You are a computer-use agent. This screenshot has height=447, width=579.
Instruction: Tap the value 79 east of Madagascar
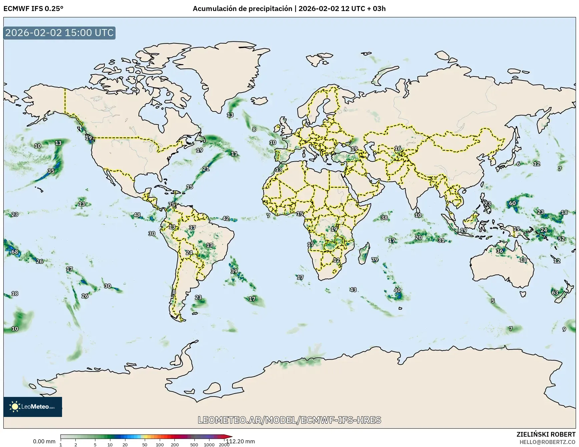[x=375, y=259]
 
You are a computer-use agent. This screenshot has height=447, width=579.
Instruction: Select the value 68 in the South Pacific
[x=15, y=252]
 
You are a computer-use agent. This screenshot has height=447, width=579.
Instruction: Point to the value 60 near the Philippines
[x=512, y=203]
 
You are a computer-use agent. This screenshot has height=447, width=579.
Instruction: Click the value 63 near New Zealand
[x=555, y=292]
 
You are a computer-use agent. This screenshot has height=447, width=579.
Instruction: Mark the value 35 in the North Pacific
[x=51, y=171]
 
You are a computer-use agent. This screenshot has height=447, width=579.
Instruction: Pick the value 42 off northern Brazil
[x=226, y=218]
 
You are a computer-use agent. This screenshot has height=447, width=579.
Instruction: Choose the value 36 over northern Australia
[x=499, y=251]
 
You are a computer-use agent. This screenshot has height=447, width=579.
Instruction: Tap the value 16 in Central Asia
[x=398, y=148]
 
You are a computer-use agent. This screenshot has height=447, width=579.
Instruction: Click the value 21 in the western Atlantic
[x=206, y=169]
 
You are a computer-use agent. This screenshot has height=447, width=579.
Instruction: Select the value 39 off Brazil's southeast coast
[x=234, y=271]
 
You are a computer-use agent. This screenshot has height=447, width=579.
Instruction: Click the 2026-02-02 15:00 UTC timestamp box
[x=59, y=33]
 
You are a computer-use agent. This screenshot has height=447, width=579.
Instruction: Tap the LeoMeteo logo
[x=33, y=407]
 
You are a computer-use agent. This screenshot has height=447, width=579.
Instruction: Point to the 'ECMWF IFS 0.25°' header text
[x=33, y=9]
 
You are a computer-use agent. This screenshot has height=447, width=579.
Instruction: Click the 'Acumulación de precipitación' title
[x=242, y=9]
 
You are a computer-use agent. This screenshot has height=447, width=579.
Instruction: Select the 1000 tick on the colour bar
[x=209, y=444]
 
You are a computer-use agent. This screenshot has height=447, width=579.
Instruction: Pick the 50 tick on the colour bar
[x=144, y=444]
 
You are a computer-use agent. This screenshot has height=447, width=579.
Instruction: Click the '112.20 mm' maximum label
[x=240, y=441]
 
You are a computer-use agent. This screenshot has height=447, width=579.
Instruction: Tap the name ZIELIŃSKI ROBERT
[x=546, y=434]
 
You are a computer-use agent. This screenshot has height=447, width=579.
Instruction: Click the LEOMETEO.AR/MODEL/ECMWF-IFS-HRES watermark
[x=289, y=420]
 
